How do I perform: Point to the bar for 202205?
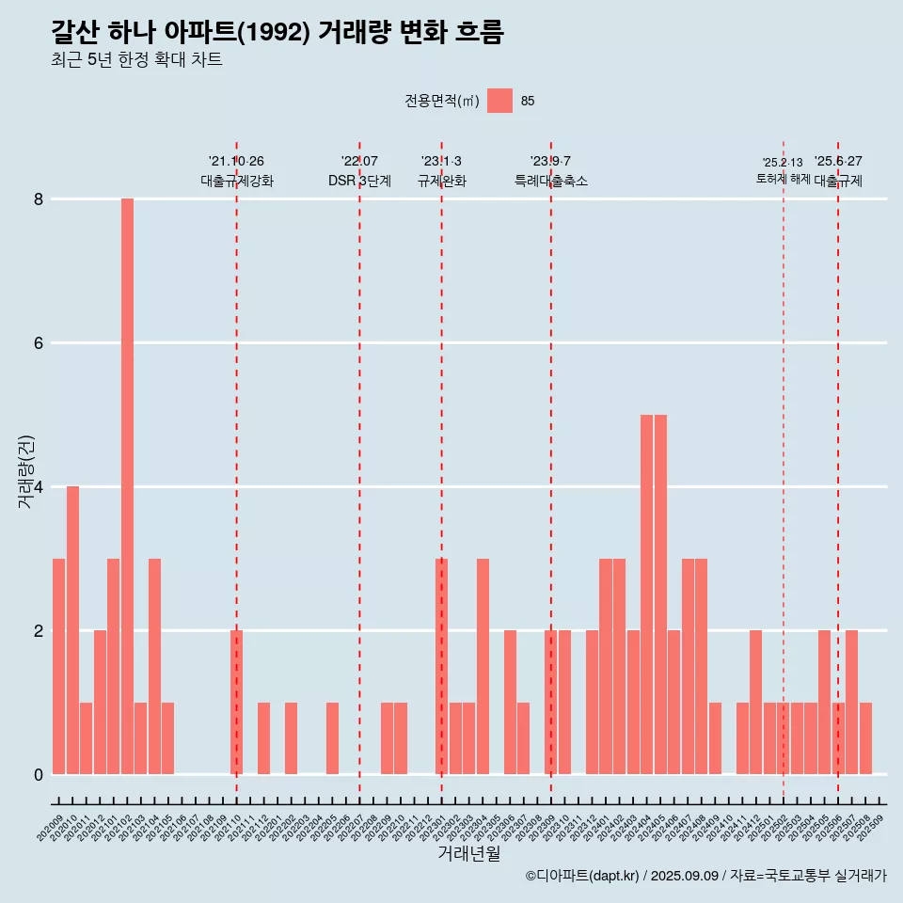tap(332, 737)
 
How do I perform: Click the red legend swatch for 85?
tap(499, 101)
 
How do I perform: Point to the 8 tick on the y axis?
tap(40, 199)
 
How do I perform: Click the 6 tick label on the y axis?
tap(40, 343)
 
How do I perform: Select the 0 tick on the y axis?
tap(40, 774)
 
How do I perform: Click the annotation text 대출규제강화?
tap(237, 181)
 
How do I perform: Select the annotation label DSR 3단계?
tap(359, 181)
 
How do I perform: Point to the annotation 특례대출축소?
tap(551, 181)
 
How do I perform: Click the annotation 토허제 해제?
tap(783, 179)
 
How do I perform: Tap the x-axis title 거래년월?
tap(468, 854)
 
